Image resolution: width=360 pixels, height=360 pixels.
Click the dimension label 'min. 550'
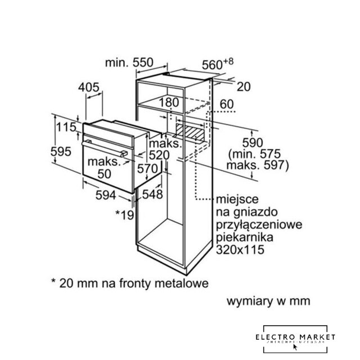[130, 64]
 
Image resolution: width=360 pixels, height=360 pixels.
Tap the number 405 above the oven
[89, 87]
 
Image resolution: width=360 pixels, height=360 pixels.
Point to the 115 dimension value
[65, 128]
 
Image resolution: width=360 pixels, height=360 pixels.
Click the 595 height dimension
[60, 151]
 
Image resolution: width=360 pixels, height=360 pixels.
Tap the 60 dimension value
[226, 104]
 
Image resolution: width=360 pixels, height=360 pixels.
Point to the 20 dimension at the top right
[243, 87]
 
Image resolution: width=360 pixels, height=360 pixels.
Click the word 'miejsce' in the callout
[234, 199]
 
